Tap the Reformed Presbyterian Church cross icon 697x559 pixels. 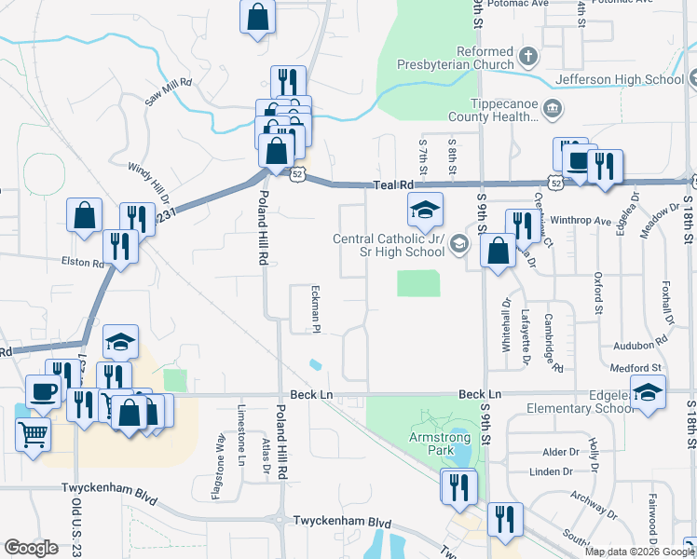click(x=527, y=57)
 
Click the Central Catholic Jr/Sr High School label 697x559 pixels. click(x=389, y=245)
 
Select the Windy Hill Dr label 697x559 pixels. click(x=148, y=182)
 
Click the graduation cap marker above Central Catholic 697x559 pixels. click(x=424, y=210)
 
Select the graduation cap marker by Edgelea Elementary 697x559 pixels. click(x=648, y=391)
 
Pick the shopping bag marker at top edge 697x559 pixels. click(x=258, y=17)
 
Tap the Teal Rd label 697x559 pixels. click(x=393, y=185)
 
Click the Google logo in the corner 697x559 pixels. click(x=32, y=548)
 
